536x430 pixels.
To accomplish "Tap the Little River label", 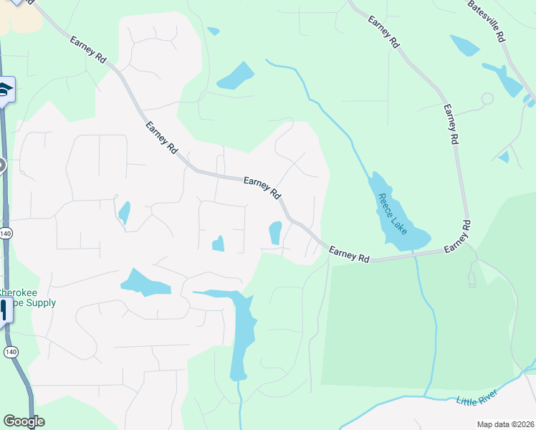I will point(477,398).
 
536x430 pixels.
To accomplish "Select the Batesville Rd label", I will point(487,20).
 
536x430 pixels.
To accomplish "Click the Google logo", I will point(24,421).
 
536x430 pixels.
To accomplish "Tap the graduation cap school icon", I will point(6,90).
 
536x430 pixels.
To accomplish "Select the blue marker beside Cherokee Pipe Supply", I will point(4,310).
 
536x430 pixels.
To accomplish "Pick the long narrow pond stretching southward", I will point(242,337).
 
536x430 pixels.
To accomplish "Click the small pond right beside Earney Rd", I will point(275,232).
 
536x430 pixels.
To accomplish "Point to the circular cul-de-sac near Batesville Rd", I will point(487,98).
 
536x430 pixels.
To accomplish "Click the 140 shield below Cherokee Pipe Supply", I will point(10,352).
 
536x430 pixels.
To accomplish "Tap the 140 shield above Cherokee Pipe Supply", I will point(6,234).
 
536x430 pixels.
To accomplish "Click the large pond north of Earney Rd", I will point(235,76).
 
